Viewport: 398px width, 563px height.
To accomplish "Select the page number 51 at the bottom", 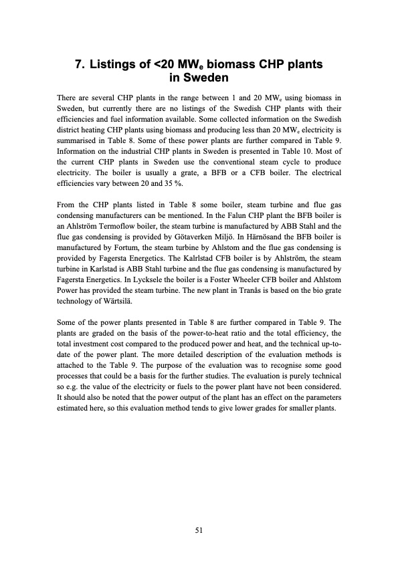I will [199, 530].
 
